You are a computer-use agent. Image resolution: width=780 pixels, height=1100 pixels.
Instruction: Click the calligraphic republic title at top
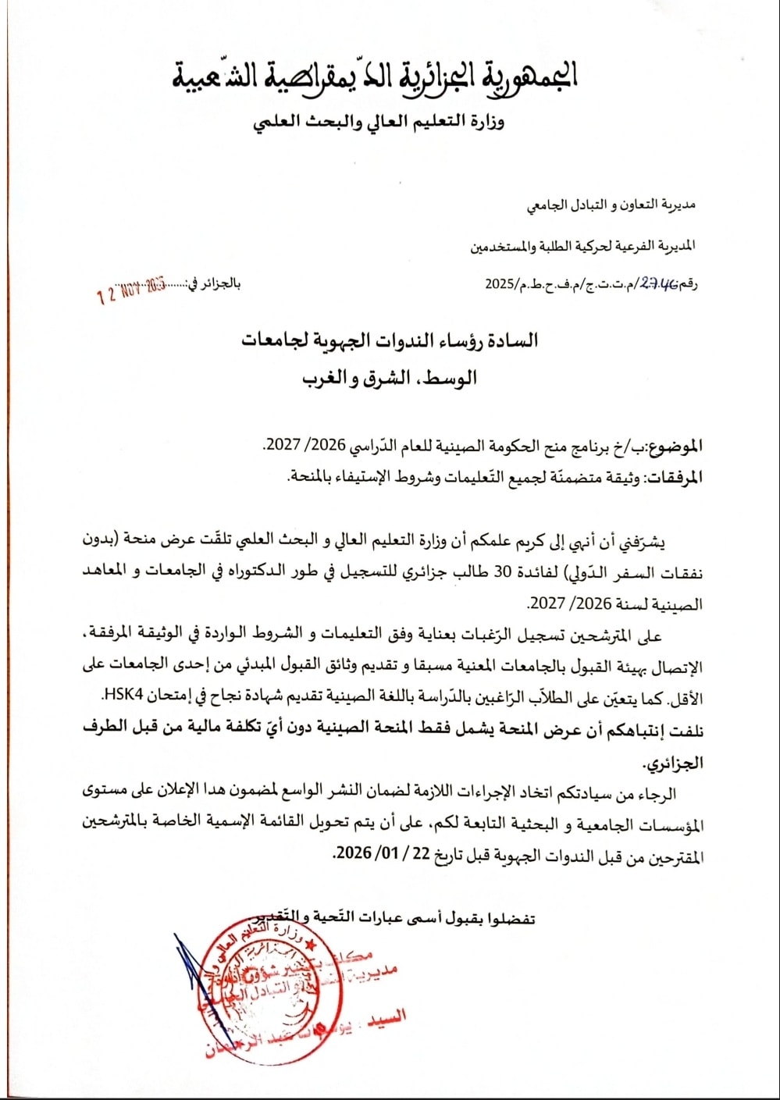pyautogui.click(x=375, y=76)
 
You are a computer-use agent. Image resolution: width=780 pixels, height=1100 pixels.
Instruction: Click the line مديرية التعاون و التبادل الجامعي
pyautogui.click(x=611, y=205)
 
